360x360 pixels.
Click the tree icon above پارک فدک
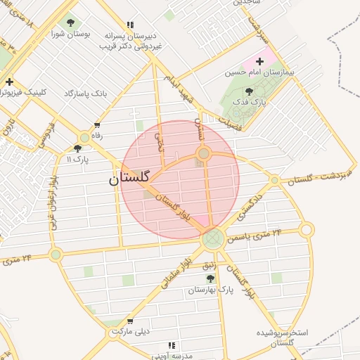(x=249, y=91)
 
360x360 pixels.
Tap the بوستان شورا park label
(x=69, y=33)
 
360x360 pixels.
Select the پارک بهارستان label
(x=210, y=290)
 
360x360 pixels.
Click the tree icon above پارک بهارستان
(x=210, y=279)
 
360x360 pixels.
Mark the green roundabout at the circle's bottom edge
(x=213, y=239)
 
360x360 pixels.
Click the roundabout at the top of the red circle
(x=203, y=153)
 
